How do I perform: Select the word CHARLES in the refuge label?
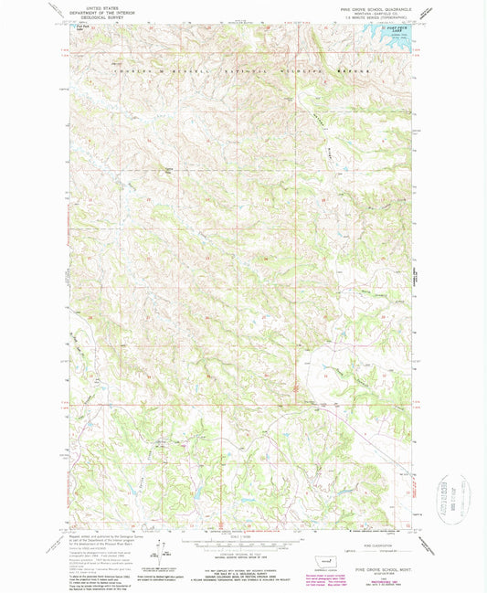tap(126, 69)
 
